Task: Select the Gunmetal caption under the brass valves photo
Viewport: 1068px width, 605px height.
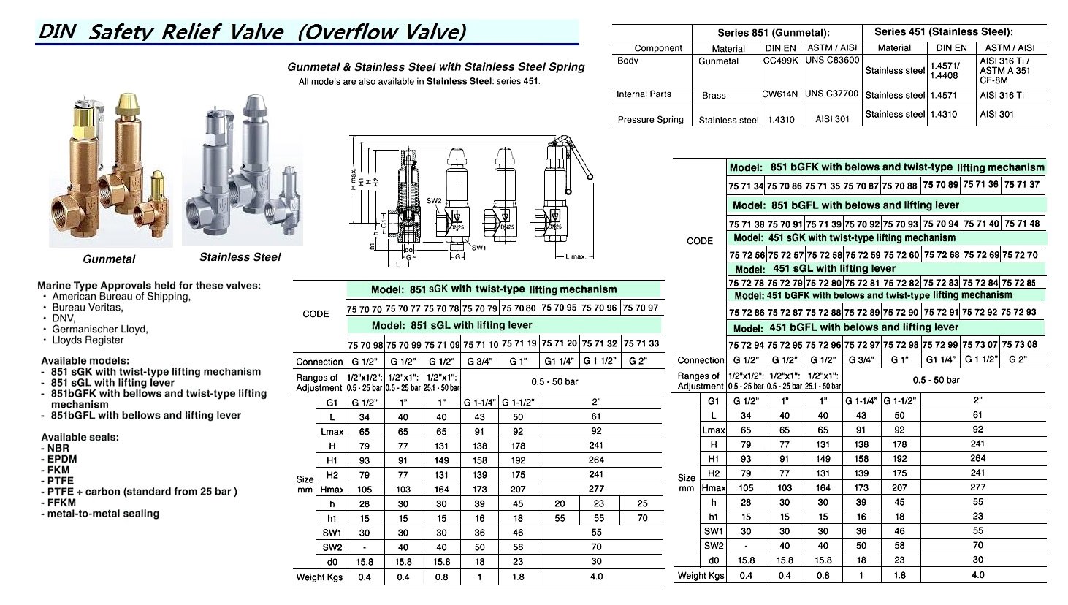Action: (x=109, y=259)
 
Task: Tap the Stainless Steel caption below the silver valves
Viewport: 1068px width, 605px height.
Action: (x=240, y=257)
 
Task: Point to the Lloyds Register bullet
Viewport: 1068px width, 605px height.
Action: (x=88, y=340)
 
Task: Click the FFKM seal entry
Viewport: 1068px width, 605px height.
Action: (x=62, y=503)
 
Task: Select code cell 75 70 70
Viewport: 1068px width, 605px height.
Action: (x=365, y=308)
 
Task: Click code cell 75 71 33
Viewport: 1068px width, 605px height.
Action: (x=642, y=343)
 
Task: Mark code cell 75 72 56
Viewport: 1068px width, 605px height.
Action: (x=746, y=255)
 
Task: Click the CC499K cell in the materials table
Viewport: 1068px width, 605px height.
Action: (x=780, y=61)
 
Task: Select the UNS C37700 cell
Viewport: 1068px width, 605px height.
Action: (x=832, y=94)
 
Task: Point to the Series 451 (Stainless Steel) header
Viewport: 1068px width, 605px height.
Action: (x=943, y=32)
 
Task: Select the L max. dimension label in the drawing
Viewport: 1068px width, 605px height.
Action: (x=576, y=257)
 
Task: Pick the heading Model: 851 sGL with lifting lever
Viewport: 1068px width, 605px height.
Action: (x=451, y=325)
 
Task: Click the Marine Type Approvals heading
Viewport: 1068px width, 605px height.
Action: (x=150, y=286)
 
